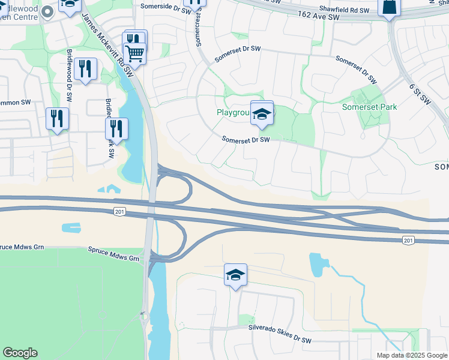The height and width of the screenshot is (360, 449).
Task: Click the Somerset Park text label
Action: pos(370,107)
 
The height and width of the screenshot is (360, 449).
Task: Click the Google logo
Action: pos(20,353)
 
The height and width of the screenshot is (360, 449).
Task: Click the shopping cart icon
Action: pos(134,53)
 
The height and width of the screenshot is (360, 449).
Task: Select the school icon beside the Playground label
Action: pos(262,113)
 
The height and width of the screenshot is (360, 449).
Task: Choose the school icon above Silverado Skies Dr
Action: pos(236,275)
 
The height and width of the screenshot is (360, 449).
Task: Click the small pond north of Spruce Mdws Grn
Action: pos(71,227)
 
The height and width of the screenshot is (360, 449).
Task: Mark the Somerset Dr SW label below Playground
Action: pos(246,139)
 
